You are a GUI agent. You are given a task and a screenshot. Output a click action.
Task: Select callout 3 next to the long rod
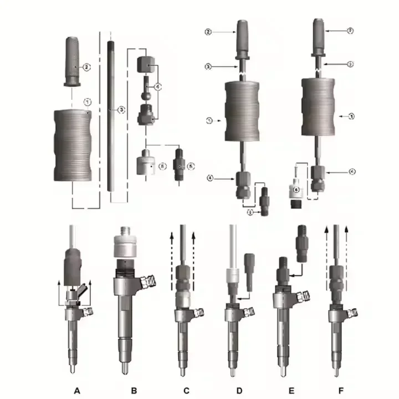tap(121, 110)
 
